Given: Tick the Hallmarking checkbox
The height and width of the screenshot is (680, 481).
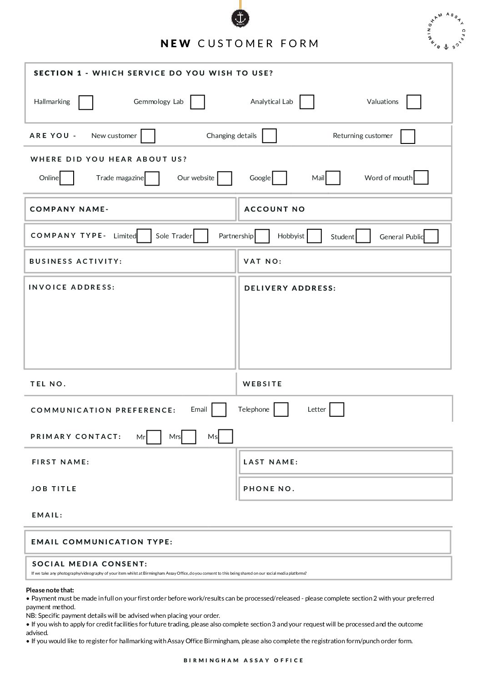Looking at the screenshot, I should (x=85, y=103).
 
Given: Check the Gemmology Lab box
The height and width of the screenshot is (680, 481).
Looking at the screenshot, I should (x=197, y=102).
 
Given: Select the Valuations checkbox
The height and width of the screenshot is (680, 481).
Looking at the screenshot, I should (x=413, y=102).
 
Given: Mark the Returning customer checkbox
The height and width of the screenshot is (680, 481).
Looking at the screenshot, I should (x=407, y=137).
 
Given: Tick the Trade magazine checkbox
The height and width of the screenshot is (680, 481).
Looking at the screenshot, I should (x=152, y=178).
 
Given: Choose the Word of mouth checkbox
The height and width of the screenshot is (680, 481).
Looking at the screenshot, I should (x=421, y=177).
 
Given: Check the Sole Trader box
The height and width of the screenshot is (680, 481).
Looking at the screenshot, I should (x=200, y=236).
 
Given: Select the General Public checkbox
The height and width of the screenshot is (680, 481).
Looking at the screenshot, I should (x=431, y=237).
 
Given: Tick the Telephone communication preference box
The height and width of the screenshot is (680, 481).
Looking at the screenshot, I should (x=281, y=409).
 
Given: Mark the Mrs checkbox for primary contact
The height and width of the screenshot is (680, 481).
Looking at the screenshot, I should (x=189, y=437).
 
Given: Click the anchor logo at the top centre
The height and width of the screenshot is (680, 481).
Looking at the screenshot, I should (x=240, y=19).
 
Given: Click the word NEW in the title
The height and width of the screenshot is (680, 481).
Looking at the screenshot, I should (x=175, y=44).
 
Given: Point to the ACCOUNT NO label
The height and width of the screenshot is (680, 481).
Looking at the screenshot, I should (x=275, y=209).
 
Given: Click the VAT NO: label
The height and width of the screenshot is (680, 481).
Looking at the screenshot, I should (x=262, y=261).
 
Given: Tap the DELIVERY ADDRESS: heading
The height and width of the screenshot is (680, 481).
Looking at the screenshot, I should (x=290, y=288).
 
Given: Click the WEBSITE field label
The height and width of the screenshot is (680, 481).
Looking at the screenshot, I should (x=262, y=384).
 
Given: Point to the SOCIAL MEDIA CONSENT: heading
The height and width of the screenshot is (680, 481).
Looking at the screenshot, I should (x=90, y=564).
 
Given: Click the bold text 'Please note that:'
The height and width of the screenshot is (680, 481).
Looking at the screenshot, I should (x=50, y=590).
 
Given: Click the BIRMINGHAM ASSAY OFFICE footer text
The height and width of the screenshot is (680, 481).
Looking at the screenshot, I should (x=244, y=660).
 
